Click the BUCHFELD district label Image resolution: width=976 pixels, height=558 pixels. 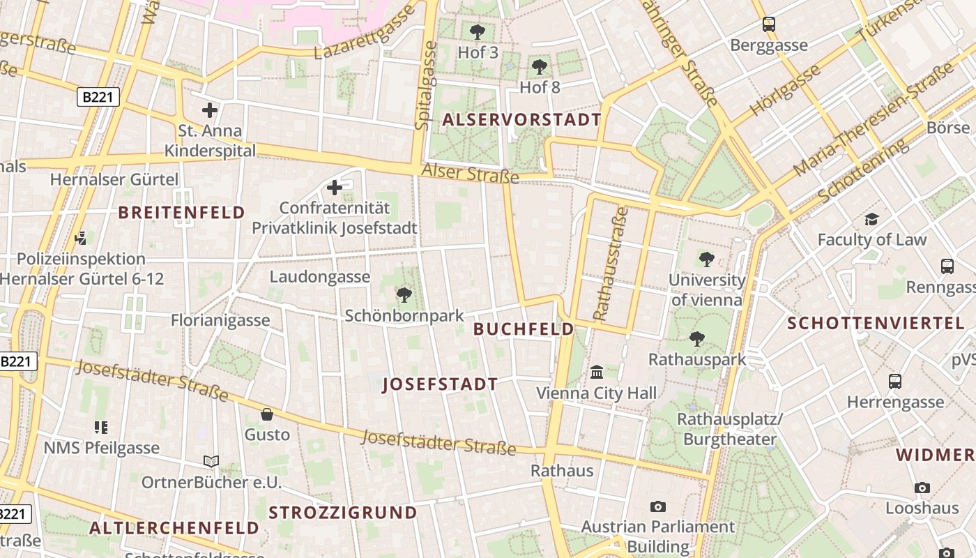[524, 329]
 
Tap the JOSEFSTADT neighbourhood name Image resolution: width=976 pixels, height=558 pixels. [440, 384]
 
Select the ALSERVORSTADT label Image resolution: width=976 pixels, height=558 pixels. [521, 119]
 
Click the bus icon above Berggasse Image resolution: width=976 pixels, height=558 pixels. [769, 24]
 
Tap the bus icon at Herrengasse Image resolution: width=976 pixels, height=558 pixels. [895, 382]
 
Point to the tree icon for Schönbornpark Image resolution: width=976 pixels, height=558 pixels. [404, 295]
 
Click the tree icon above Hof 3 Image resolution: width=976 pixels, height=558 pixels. [478, 31]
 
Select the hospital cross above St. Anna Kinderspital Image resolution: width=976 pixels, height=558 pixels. [210, 110]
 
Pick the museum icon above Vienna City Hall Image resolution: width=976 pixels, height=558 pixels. [597, 372]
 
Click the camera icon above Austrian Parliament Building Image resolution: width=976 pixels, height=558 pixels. [657, 506]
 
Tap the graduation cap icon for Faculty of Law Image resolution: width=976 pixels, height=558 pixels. [871, 220]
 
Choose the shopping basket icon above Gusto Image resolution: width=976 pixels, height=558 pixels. [266, 414]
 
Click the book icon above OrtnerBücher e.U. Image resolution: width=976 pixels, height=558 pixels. [211, 461]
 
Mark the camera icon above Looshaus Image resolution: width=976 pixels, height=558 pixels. [922, 488]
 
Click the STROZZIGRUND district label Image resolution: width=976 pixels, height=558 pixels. [343, 513]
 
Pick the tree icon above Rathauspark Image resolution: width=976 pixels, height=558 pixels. [696, 339]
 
